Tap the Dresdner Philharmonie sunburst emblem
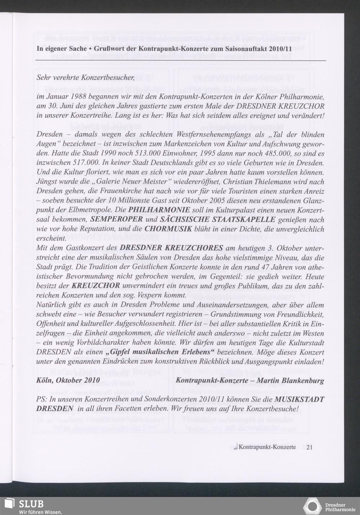tap(312, 506)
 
